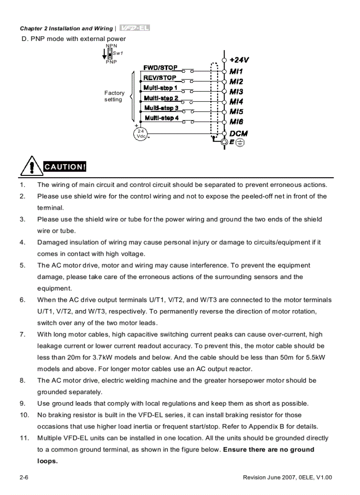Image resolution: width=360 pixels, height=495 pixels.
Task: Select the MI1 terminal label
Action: click(236, 71)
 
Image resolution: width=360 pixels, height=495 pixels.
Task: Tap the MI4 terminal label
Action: click(236, 102)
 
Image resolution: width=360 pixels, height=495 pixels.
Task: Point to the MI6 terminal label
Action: click(236, 122)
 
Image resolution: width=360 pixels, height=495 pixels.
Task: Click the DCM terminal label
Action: click(238, 134)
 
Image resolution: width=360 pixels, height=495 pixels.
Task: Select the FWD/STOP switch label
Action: click(160, 68)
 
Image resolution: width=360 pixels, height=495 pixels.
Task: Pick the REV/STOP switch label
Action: click(159, 78)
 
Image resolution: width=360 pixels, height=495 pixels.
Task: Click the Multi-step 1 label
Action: click(161, 88)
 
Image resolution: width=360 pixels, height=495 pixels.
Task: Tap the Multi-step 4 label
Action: click(161, 118)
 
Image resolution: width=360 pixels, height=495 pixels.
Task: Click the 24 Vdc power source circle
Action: click(141, 134)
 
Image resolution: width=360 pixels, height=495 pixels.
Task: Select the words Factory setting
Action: click(114, 96)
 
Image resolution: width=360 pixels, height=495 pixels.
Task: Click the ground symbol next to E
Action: click(240, 142)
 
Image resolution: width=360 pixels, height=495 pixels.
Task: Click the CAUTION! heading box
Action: click(64, 167)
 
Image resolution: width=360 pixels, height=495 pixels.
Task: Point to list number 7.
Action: click(22, 335)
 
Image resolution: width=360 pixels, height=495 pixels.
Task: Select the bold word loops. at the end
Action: click(47, 461)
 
